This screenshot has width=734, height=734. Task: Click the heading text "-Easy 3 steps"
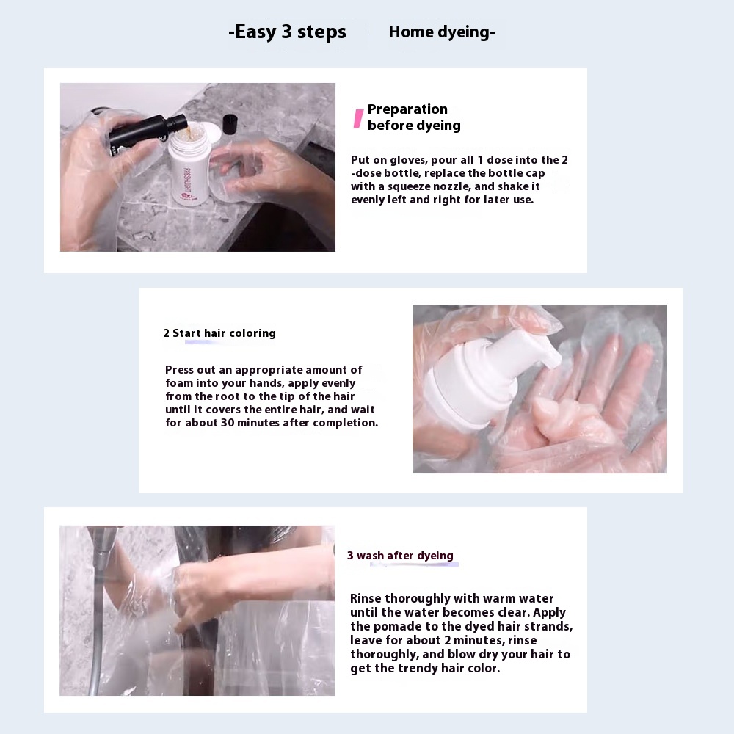[x=288, y=32]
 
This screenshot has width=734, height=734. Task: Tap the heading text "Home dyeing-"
[x=441, y=32]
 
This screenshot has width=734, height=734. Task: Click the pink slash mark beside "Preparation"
[x=358, y=119]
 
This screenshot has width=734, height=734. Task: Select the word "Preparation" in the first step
[x=407, y=109]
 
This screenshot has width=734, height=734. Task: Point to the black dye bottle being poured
[x=146, y=131]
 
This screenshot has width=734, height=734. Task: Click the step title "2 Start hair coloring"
[x=219, y=333]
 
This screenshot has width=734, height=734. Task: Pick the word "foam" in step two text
[x=179, y=383]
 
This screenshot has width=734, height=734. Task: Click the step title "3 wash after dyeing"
[x=400, y=556]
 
